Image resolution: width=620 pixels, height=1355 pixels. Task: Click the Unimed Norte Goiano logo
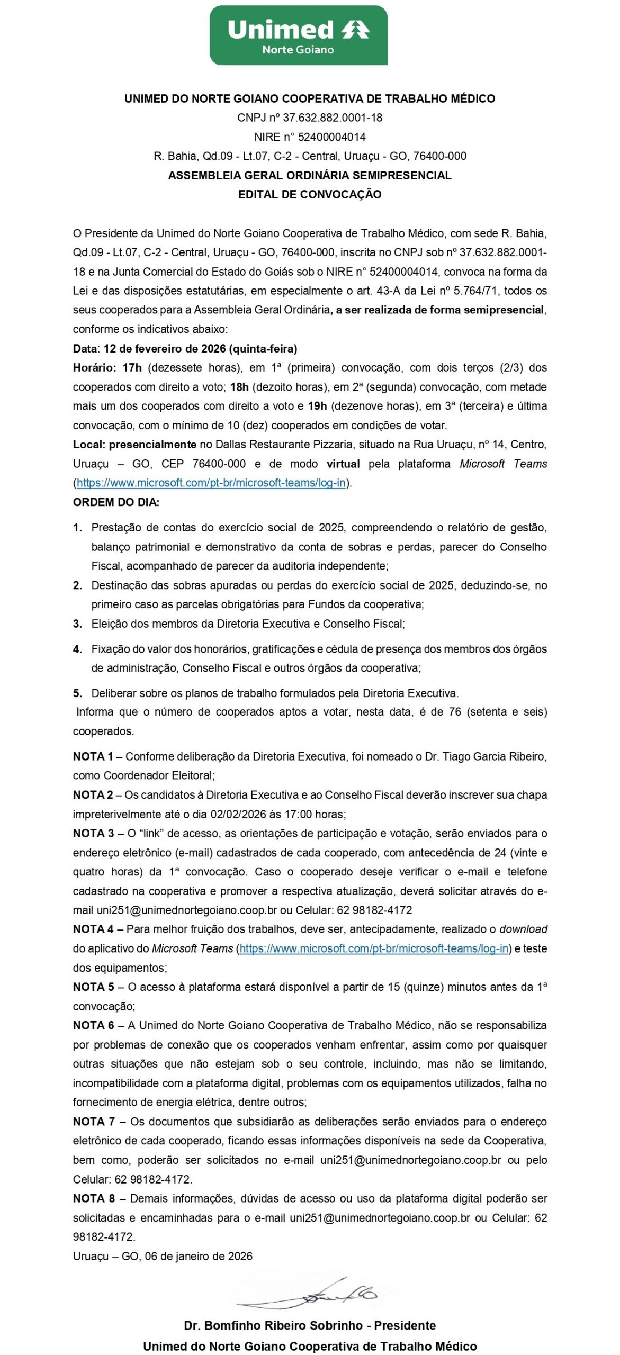click(x=298, y=36)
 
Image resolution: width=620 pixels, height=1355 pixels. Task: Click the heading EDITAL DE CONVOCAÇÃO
click(x=310, y=194)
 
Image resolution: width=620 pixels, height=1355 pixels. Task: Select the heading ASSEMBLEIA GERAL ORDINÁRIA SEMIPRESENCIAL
click(x=310, y=175)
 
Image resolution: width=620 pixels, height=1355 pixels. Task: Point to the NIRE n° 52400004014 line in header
click(x=310, y=137)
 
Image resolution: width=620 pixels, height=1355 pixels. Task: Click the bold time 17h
click(x=132, y=367)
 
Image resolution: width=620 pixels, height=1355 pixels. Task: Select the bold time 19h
click(x=317, y=406)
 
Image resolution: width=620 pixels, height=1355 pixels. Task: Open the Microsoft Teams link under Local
click(x=211, y=483)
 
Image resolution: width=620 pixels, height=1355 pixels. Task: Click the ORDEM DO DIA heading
click(x=116, y=502)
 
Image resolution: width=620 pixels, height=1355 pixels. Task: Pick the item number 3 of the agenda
click(x=78, y=624)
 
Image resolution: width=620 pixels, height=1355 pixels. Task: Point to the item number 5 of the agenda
click(x=78, y=693)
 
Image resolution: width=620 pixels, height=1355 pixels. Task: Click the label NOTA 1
click(x=93, y=756)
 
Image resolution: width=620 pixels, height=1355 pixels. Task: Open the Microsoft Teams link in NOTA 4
click(x=374, y=948)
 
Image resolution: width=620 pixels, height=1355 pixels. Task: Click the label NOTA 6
click(x=94, y=1025)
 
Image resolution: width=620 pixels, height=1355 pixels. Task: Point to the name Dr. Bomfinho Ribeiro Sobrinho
click(x=273, y=1325)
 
